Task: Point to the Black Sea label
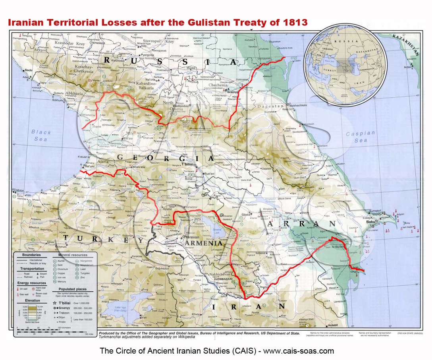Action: (x=41, y=135)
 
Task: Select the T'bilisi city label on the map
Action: (x=189, y=164)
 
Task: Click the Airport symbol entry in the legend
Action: (x=44, y=274)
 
